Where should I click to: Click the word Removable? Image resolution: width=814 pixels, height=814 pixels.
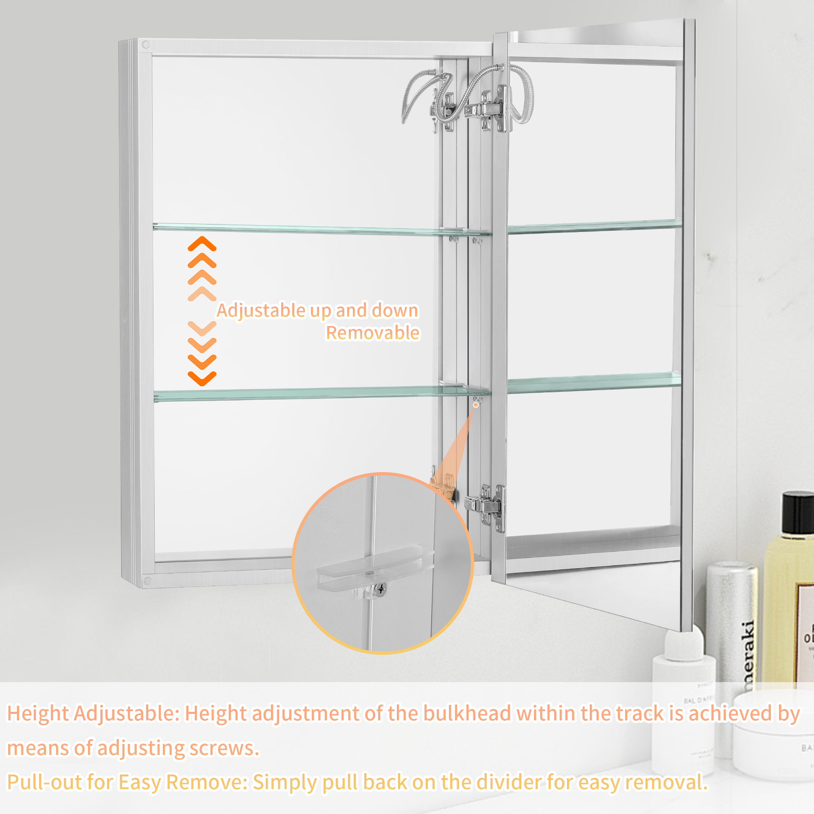click(372, 333)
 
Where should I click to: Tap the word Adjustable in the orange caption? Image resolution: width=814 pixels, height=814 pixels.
click(261, 311)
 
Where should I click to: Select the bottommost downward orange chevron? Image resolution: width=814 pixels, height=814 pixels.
click(202, 379)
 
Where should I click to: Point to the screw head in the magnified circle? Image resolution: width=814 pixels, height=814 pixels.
click(381, 589)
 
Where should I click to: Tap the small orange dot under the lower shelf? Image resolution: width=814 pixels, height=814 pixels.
click(476, 405)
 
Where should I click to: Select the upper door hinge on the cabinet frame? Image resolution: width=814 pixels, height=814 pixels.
click(487, 109)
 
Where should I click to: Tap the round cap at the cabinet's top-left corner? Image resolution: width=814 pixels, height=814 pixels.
click(146, 44)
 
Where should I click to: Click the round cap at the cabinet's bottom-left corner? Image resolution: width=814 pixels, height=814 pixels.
click(147, 581)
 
